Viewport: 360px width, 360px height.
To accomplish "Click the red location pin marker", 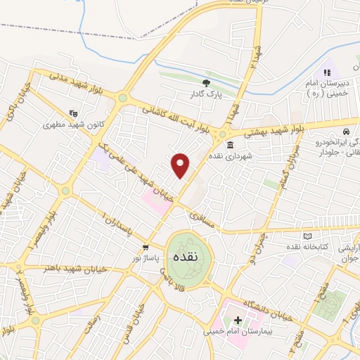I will point(181,165).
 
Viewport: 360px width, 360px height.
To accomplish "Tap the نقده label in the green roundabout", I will point(189,258).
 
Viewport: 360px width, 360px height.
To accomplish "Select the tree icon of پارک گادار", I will point(205,82).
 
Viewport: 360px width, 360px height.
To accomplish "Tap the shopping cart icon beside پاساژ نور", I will point(146,247).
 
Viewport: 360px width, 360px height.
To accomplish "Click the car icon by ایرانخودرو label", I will point(346,131).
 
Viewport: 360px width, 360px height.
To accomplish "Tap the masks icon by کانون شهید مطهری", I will point(72,112).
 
